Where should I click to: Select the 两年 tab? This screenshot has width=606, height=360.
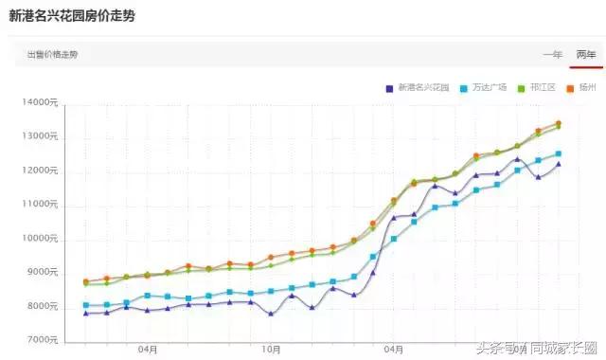pos(586,55)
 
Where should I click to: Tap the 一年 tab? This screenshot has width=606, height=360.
pos(552,55)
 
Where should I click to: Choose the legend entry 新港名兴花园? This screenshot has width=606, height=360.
pos(419,88)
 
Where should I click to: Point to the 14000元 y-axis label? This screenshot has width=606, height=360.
pos(41,102)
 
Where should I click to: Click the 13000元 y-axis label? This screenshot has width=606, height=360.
pos(41,136)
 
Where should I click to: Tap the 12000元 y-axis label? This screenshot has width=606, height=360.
pos(41,171)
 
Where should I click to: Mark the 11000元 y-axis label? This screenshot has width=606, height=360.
pos(41,205)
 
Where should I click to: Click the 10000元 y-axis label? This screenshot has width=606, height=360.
pos(41,239)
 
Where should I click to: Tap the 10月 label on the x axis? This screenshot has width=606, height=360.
pos(271,350)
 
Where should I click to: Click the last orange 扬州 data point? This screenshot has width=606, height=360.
pos(559,124)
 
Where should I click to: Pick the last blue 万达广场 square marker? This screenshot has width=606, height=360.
pos(559,153)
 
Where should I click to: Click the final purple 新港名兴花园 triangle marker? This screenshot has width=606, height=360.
pos(559,164)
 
